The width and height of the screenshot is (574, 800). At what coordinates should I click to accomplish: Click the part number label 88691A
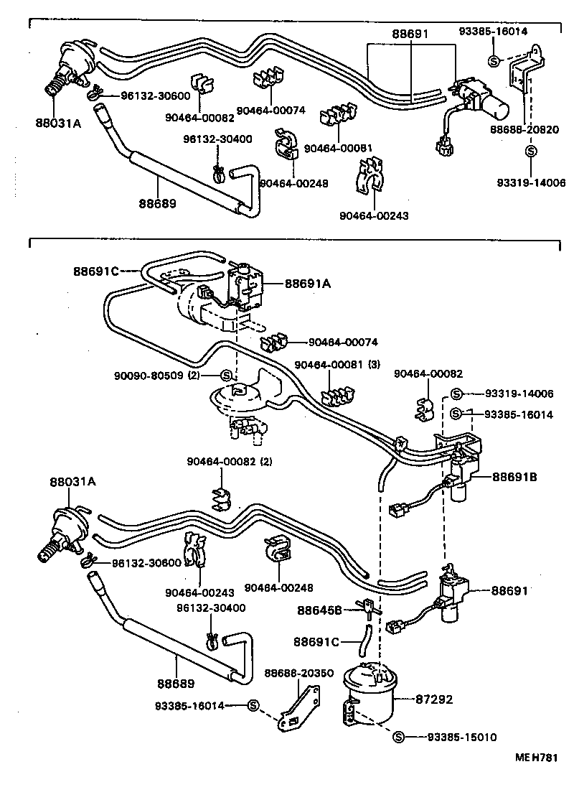tap(307, 284)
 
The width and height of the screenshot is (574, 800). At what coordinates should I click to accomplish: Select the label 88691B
tap(516, 476)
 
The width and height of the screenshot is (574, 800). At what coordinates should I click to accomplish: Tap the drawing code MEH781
tap(535, 757)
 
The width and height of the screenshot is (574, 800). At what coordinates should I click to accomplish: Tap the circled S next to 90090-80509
tap(225, 375)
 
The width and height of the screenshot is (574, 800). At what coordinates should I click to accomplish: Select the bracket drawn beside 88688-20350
tap(299, 708)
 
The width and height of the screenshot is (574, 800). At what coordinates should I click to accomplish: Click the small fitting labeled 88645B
tap(365, 608)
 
